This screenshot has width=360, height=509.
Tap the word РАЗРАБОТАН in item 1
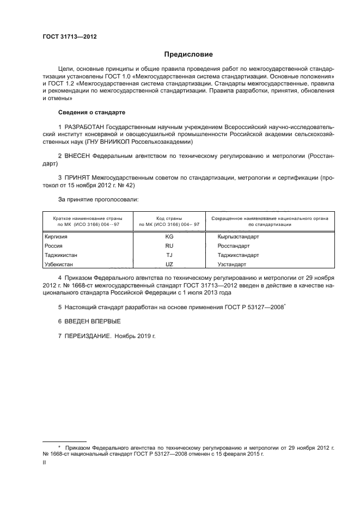coord(83,126)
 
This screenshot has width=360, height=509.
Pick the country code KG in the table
coord(169,237)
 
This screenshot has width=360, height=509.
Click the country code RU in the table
coord(169,246)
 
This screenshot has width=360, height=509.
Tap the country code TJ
coord(169,255)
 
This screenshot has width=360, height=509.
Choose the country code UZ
coord(169,264)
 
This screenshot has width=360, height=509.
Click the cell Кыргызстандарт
coord(239,237)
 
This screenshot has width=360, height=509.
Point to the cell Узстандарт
coord(232,264)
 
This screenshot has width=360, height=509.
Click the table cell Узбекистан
coord(58,264)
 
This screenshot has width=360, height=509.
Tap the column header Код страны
coord(169,217)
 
